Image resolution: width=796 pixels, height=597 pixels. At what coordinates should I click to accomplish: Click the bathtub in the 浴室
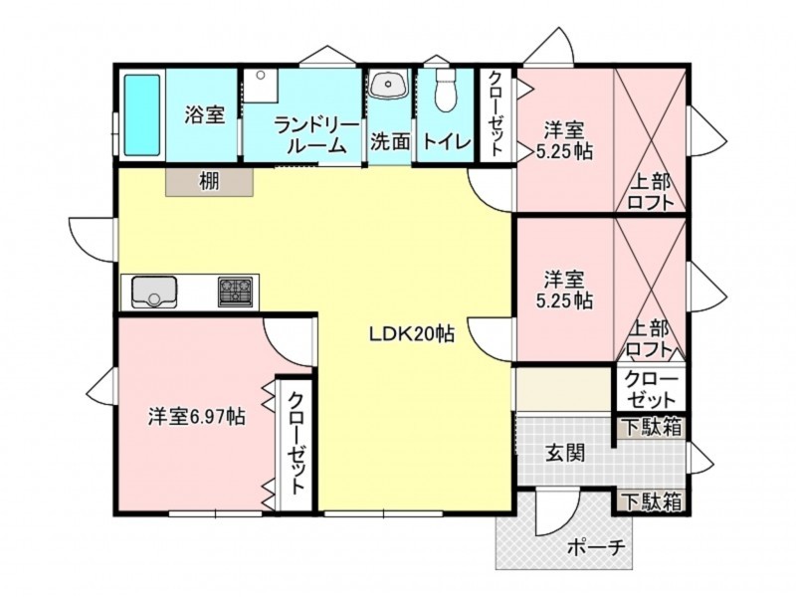(142, 115)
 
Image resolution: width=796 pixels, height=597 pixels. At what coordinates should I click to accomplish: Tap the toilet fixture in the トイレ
(447, 90)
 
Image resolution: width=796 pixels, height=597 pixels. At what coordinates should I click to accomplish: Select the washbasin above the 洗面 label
(389, 84)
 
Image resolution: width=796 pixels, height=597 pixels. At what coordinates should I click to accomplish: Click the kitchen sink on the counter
(154, 292)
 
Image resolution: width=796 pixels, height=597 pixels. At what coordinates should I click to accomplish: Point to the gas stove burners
(236, 292)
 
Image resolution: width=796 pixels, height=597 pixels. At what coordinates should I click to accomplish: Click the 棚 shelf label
(209, 181)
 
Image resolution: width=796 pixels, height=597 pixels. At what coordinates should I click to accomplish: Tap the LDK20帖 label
(412, 334)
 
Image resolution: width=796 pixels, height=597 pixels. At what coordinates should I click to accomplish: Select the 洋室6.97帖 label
(196, 417)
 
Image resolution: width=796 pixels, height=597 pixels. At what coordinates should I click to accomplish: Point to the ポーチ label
(595, 548)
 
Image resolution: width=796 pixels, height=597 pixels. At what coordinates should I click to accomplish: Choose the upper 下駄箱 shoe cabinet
(652, 428)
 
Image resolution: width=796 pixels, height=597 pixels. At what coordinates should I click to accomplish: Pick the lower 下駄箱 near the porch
(652, 502)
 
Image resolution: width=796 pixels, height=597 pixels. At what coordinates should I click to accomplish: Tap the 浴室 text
(204, 115)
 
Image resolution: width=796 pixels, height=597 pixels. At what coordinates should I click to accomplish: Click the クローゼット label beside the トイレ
(496, 113)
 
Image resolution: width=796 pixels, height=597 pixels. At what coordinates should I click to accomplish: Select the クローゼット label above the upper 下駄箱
(651, 389)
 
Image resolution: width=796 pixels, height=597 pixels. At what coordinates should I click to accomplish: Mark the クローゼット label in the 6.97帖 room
(296, 442)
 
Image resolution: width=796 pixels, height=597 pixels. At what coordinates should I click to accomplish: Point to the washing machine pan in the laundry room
(261, 86)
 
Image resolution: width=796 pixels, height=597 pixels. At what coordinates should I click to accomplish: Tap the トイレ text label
(447, 141)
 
